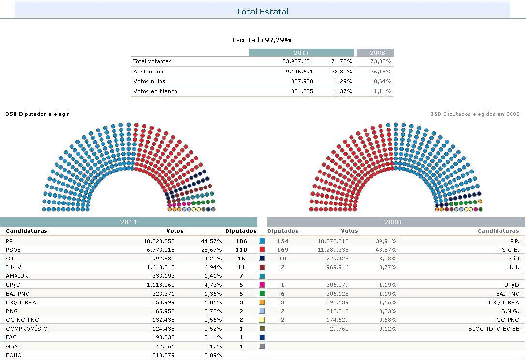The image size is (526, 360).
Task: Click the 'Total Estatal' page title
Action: coord(262,11)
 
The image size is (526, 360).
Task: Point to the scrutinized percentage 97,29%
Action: coord(278,40)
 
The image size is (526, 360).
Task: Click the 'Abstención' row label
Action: coord(145,72)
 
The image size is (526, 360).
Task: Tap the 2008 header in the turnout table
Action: coord(375,53)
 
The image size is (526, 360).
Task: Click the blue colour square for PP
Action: coord(263,241)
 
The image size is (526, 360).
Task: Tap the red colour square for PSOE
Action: coord(263,250)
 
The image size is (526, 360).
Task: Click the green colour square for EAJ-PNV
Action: coord(263,294)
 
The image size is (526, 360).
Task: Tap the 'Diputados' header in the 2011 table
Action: coord(241,231)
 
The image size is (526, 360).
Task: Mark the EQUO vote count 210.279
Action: coord(162,355)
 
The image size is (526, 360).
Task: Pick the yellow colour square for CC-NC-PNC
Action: coord(263,320)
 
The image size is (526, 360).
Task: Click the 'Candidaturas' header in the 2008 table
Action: coord(498,231)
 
